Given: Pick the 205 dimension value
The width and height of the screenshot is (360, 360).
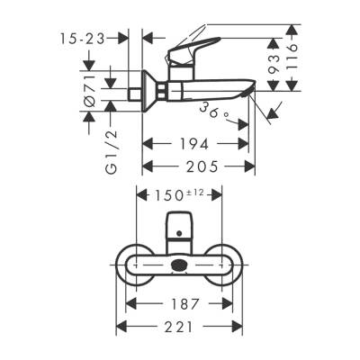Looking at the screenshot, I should (199, 166).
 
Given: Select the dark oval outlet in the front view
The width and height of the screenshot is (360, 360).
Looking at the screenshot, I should (181, 265).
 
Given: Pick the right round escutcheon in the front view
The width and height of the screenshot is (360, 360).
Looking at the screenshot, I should (225, 263).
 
